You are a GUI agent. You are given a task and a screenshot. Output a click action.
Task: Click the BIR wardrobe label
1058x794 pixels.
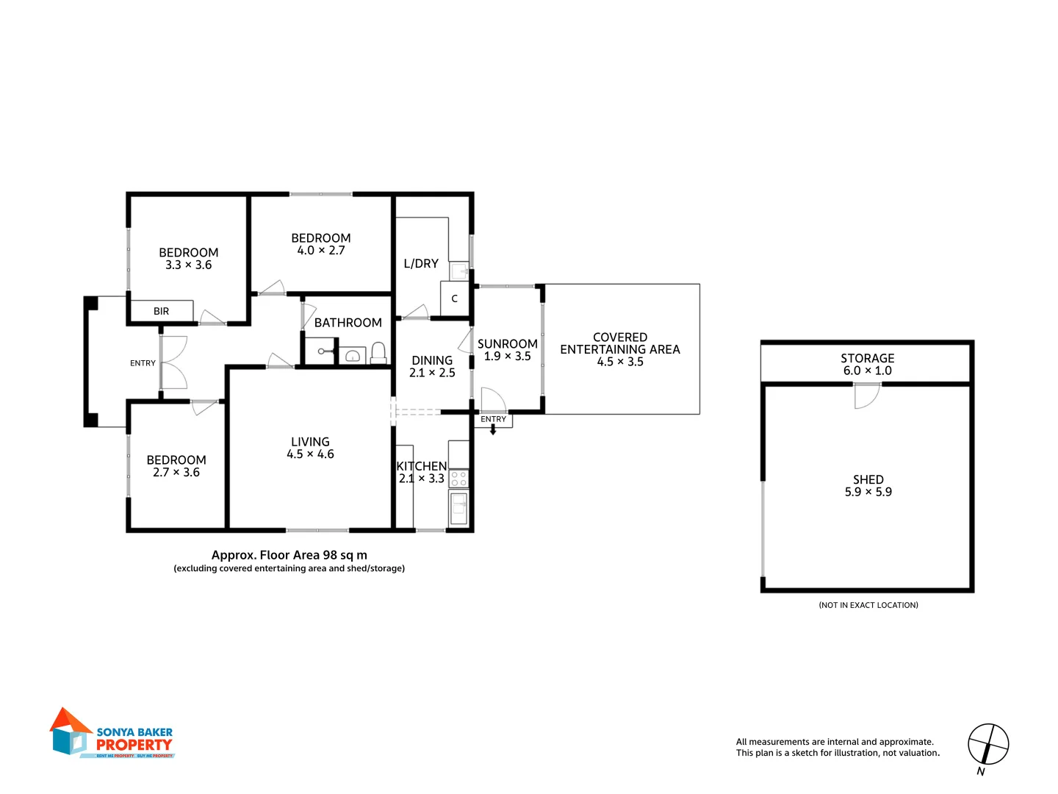[x=161, y=311]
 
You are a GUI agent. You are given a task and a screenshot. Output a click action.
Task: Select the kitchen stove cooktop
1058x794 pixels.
[x=458, y=479]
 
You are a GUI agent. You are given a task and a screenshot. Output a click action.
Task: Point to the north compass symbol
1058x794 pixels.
[x=987, y=745]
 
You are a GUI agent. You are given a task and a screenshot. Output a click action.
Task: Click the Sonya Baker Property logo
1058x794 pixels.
[x=112, y=734]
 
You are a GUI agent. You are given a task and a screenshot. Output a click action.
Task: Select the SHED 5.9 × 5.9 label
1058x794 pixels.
[x=868, y=485]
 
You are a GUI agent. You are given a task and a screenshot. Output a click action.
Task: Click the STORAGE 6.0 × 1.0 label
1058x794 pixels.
[x=867, y=364]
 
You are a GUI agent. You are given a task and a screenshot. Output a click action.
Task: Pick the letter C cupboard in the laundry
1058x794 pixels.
[x=454, y=298]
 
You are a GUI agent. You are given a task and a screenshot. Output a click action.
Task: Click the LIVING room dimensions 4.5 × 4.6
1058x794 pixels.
[x=310, y=454]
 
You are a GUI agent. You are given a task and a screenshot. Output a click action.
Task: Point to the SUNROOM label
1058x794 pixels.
[x=507, y=343]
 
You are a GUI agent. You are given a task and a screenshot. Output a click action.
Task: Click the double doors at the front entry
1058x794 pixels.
[x=173, y=362]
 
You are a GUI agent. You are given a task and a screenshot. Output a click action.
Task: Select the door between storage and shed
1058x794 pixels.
[x=867, y=395]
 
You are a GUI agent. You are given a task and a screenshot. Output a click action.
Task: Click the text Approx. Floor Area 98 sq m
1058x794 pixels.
[x=289, y=555]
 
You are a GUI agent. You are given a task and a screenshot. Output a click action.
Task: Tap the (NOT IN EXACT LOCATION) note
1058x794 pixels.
[x=868, y=605]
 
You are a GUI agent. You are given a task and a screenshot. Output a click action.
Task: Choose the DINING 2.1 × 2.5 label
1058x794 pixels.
[x=432, y=366]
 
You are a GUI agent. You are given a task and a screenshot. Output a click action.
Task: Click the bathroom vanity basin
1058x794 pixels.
[x=353, y=357]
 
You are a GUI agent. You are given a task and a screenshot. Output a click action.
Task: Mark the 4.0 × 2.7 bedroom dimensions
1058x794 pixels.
[x=321, y=251]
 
